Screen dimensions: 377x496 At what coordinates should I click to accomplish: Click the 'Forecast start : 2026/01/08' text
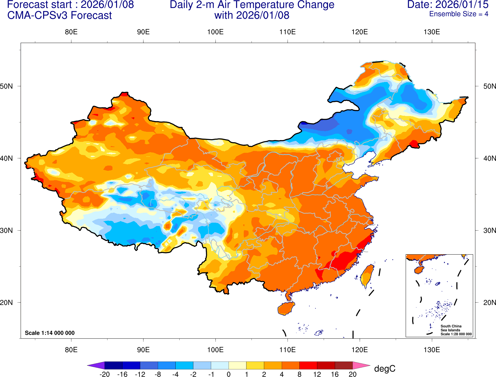[x=70, y=5]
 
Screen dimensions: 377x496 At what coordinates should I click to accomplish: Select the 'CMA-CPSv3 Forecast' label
[x=60, y=15]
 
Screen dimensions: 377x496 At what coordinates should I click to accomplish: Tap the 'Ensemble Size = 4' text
[x=459, y=14]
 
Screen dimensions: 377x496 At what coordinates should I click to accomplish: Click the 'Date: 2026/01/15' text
[x=448, y=5]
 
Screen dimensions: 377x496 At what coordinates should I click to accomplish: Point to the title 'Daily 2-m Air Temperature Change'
[x=252, y=5]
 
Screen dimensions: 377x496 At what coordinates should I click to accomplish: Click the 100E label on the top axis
[x=215, y=32]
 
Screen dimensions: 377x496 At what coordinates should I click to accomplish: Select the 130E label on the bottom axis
[x=432, y=349]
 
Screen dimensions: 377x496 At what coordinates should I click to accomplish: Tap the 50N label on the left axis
[x=6, y=86]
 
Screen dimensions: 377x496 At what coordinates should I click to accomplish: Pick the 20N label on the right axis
[x=489, y=302]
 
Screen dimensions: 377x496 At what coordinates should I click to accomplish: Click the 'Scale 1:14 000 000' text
[x=50, y=333]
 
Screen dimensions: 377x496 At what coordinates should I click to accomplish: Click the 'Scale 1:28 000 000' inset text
[x=456, y=334]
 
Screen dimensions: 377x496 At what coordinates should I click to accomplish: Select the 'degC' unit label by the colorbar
[x=384, y=368]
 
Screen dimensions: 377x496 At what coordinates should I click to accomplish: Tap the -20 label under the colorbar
[x=104, y=374]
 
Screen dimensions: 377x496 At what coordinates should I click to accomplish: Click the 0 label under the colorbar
[x=229, y=374]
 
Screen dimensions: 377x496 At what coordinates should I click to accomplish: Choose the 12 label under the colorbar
[x=317, y=374]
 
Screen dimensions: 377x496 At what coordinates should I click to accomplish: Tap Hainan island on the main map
[x=286, y=308]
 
